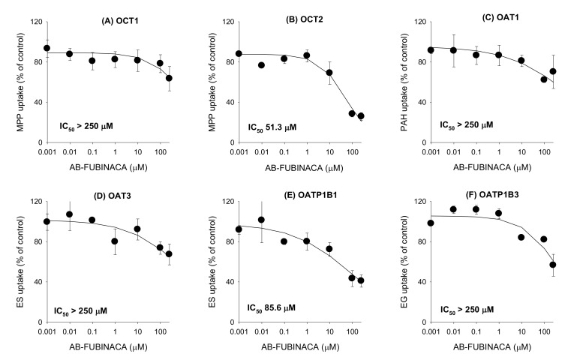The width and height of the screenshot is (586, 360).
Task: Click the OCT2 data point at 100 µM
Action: (x=331, y=113)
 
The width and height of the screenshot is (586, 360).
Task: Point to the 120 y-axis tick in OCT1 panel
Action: (x=35, y=21)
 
